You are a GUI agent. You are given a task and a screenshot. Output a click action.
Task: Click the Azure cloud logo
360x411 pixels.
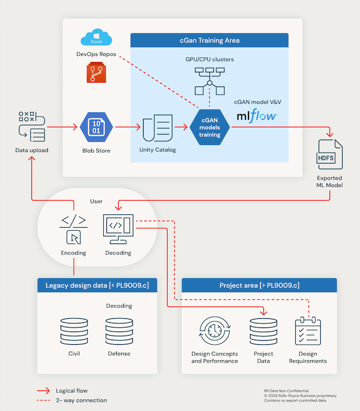(x=96, y=39)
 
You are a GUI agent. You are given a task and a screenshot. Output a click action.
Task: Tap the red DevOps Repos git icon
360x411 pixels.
(x=96, y=72)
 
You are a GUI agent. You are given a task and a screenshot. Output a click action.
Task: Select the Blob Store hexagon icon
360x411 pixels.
(x=96, y=127)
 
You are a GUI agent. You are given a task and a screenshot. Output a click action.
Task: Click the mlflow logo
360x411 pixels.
(x=257, y=116)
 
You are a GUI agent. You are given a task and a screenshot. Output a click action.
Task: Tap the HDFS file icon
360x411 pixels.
(x=329, y=156)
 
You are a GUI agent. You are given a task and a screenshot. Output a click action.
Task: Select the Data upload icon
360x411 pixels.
(x=32, y=127)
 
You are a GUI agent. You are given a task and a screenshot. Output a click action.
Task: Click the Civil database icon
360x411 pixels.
(x=74, y=332)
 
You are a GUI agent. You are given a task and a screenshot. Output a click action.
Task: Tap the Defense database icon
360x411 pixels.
(x=119, y=332)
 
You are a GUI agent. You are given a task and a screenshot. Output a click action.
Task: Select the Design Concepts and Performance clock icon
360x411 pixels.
(x=214, y=332)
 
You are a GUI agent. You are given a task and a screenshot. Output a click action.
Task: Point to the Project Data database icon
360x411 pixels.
(x=263, y=332)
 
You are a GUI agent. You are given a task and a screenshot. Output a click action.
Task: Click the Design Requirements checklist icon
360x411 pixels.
(x=308, y=332)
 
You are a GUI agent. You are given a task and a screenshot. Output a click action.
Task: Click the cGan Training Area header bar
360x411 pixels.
(x=209, y=40)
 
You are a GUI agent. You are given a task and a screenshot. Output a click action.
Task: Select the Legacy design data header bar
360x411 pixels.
(x=97, y=285)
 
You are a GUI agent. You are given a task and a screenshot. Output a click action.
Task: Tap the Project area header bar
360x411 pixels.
(x=259, y=285)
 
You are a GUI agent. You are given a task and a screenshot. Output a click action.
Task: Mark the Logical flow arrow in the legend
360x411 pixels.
(x=43, y=391)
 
